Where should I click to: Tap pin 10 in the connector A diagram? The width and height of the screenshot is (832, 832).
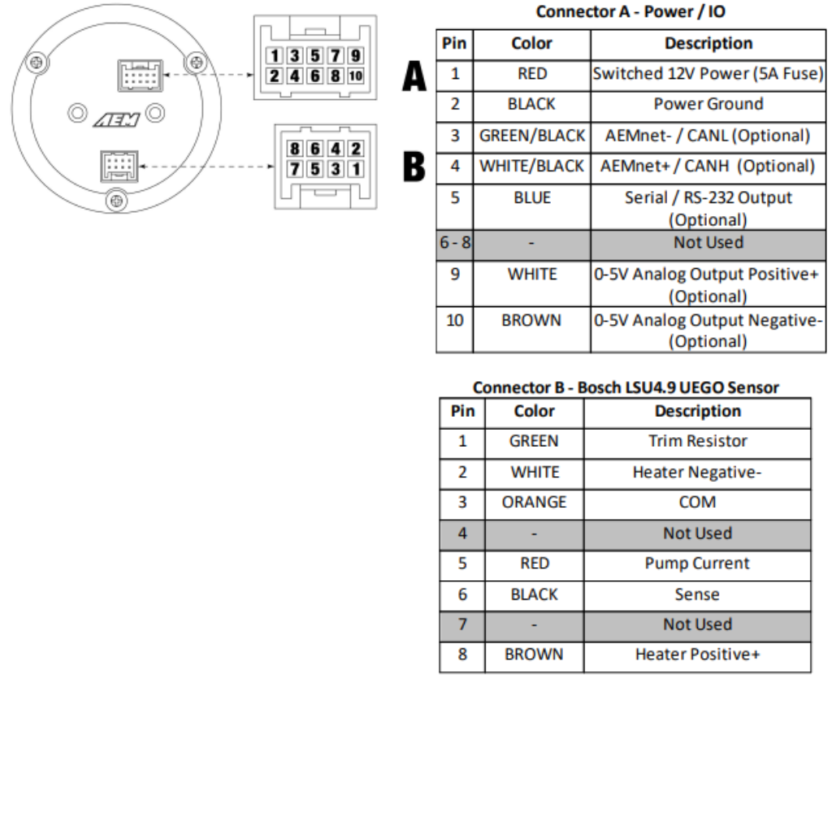[355, 76]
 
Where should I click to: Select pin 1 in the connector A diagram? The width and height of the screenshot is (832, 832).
[275, 56]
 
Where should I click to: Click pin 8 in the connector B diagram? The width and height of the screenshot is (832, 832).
[295, 149]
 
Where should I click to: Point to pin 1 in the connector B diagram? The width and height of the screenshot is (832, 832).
[355, 169]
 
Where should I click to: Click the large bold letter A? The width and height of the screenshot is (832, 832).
[414, 79]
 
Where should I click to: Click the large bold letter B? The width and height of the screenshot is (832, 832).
[414, 167]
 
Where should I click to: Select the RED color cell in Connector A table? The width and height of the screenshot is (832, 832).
[532, 74]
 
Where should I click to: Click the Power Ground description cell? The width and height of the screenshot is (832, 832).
[708, 104]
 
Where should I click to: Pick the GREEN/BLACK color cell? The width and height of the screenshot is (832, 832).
[532, 136]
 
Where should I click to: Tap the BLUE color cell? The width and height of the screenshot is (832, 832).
[532, 197]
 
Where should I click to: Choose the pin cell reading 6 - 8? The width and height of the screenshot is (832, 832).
[456, 243]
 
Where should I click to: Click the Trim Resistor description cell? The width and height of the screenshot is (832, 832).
[697, 441]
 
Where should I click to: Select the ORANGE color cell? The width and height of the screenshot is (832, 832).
[534, 503]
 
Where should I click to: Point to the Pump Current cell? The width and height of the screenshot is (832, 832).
[697, 564]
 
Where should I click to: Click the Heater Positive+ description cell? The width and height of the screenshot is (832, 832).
[697, 655]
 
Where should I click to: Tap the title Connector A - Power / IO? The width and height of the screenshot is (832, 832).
[630, 13]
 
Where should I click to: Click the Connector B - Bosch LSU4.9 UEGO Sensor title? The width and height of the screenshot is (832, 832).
[625, 388]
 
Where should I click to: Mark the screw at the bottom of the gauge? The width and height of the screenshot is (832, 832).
[117, 198]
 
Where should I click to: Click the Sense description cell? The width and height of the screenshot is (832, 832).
[697, 595]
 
